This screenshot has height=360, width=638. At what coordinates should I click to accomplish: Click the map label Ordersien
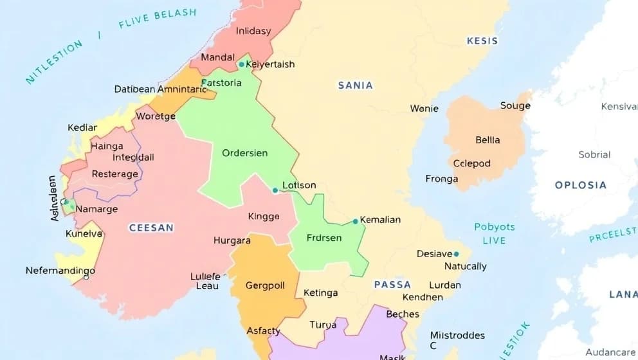244,153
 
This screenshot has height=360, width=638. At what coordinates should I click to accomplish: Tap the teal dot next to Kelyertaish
241,64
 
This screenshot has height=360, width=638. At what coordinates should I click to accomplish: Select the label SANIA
355,85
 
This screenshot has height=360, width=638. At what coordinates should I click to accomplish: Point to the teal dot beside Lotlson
275,190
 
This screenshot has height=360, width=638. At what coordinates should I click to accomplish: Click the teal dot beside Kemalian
355,221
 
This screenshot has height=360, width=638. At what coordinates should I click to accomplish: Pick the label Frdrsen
324,238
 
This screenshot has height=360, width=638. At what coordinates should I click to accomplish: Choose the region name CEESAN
151,228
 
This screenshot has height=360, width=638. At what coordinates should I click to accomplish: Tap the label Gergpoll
265,285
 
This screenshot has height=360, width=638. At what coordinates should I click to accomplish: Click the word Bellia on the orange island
488,139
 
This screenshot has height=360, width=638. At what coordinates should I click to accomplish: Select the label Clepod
472,163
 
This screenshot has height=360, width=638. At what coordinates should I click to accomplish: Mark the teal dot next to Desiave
457,254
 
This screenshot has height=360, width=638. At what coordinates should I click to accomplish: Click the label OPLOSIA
581,185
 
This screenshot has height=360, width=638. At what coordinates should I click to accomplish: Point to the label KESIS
482,40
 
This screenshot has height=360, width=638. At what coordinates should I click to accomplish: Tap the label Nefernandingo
60,271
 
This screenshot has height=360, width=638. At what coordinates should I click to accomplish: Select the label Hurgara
232,240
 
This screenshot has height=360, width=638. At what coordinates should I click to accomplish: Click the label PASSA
392,284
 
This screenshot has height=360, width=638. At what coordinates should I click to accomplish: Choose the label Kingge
264,217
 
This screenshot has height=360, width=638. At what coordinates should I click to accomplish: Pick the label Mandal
217,57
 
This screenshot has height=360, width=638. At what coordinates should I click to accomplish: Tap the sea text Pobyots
495,227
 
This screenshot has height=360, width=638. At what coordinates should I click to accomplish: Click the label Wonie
424,109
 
